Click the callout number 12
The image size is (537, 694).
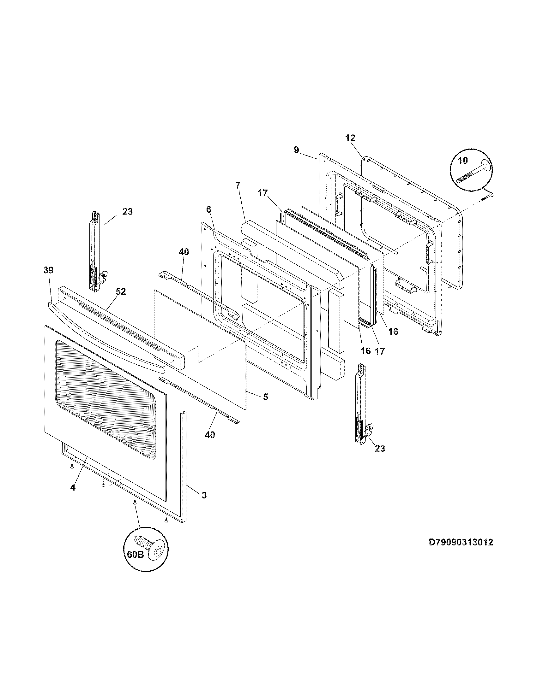pyautogui.click(x=350, y=138)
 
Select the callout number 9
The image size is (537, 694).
pyautogui.click(x=296, y=150)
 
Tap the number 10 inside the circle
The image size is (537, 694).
pyautogui.click(x=463, y=161)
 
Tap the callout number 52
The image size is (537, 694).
pyautogui.click(x=121, y=291)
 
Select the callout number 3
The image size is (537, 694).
pyautogui.click(x=204, y=495)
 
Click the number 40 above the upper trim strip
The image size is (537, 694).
pyautogui.click(x=184, y=252)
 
